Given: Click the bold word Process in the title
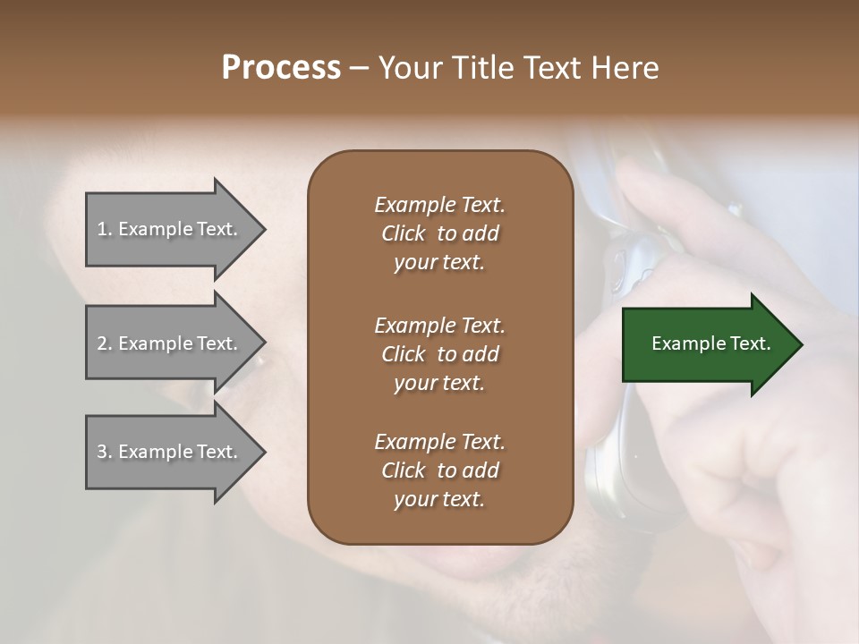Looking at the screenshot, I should pos(281,68).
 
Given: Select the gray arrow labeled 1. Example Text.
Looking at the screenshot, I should pos(170,229).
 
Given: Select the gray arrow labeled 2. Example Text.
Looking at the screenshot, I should pos(170,343).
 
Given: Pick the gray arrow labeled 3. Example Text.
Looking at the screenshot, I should pos(170,452).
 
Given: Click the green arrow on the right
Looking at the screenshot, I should pos(707,343).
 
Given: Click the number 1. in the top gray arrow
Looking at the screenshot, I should pos(105,229).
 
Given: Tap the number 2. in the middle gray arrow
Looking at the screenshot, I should pos(105,343).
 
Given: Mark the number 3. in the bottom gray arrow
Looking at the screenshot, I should pos(105,452).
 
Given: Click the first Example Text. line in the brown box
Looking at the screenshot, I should pos(439,205).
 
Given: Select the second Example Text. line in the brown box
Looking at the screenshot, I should pos(439,325).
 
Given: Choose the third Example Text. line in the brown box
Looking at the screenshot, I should pos(439,442).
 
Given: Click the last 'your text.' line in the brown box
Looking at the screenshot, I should pos(439,500).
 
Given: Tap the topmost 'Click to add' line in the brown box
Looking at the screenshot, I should pos(439,233).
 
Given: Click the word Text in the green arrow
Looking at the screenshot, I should pos(750,343).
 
